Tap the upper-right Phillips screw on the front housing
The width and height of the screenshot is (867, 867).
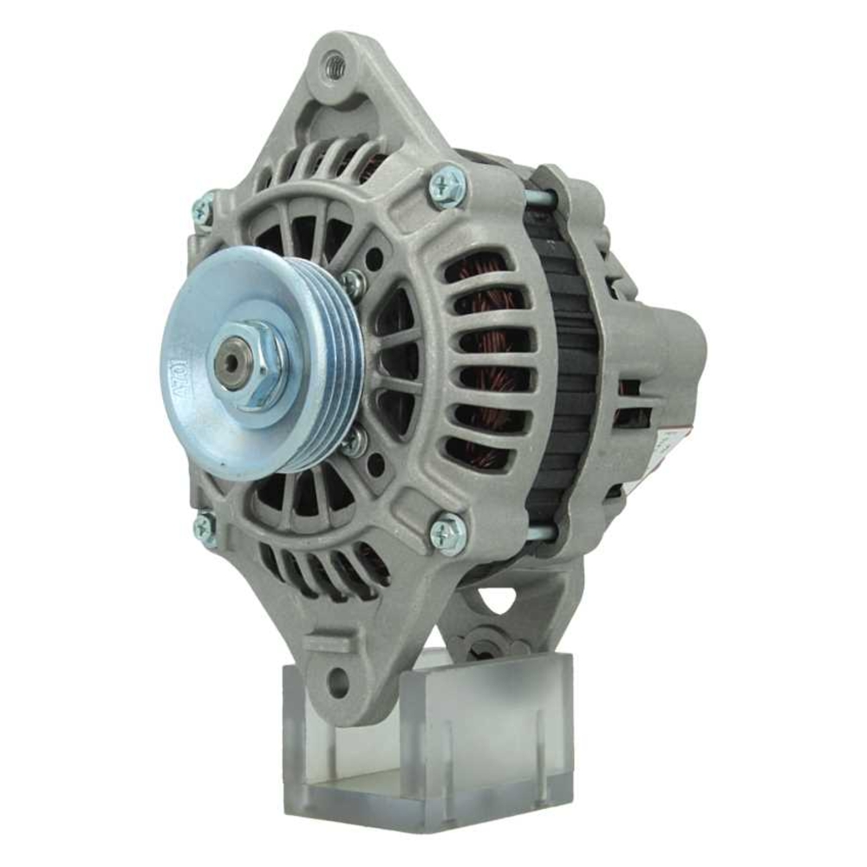click(x=449, y=186)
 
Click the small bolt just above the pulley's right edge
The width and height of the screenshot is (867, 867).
click(x=353, y=283)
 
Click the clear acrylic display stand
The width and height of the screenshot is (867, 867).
click(x=433, y=746)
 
